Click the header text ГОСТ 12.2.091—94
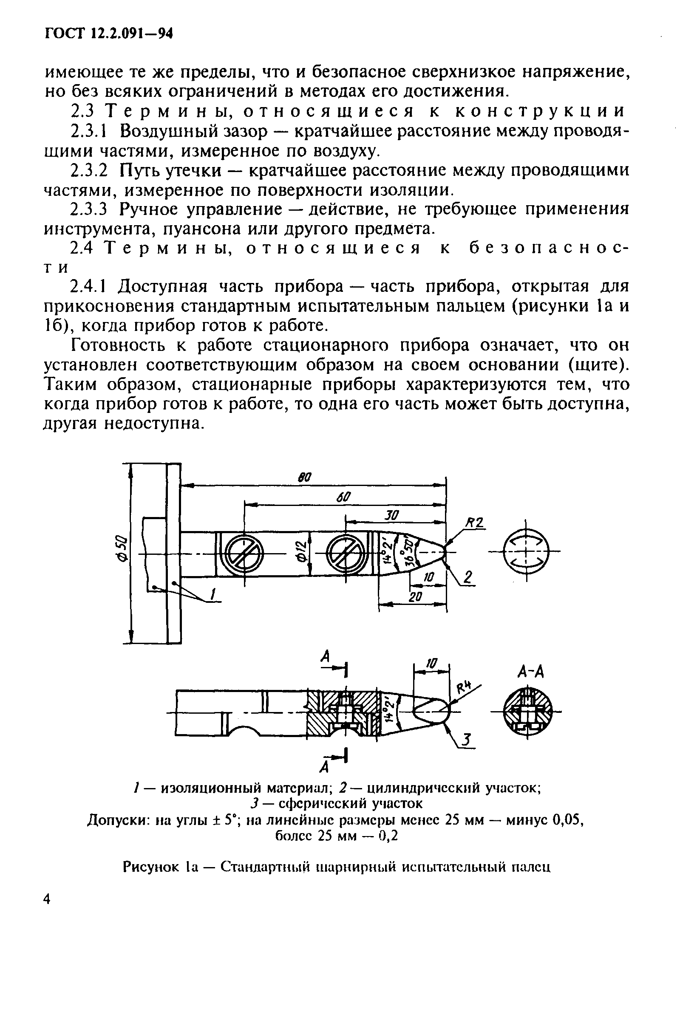tap(109, 34)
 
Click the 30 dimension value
tap(392, 515)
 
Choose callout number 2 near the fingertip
tap(467, 578)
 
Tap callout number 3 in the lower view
tap(466, 740)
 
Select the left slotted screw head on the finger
tap(244, 554)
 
